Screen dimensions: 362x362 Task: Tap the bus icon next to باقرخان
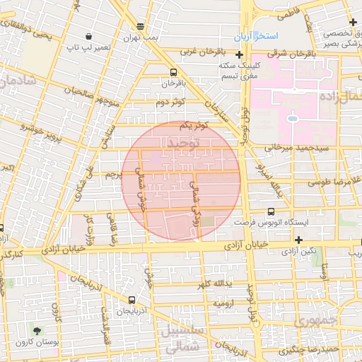tap(174, 72)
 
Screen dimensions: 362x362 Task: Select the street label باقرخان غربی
tap(203, 51)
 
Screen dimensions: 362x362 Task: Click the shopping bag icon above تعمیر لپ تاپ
tap(88, 36)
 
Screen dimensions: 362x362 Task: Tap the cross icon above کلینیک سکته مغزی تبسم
tap(240, 54)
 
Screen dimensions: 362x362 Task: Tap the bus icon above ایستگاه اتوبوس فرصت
tap(271, 211)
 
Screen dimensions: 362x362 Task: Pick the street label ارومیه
tap(223, 303)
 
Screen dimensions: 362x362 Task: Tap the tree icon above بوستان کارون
tap(37, 329)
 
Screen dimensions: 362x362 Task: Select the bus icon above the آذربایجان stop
tap(133, 300)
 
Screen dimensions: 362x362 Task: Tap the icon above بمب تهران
tap(141, 27)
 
